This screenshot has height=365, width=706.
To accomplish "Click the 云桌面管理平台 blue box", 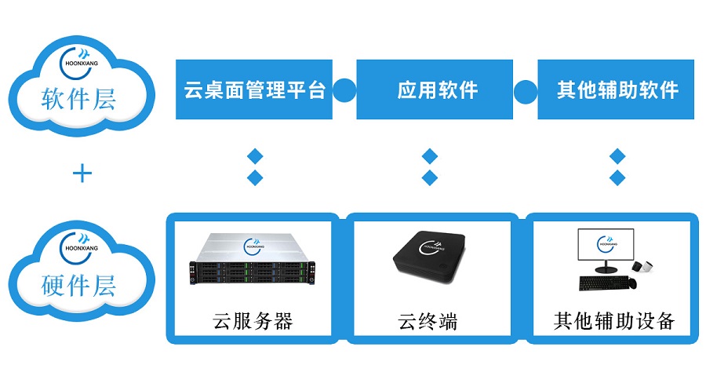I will click(x=253, y=89).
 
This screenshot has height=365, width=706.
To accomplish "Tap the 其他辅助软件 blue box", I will click(x=617, y=89).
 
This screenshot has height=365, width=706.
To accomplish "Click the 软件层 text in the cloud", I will click(x=78, y=100).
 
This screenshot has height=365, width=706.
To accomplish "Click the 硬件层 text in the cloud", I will click(x=78, y=285).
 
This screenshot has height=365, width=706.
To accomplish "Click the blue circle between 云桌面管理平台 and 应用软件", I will click(x=344, y=89).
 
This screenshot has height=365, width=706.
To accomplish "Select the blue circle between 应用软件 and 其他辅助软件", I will click(x=526, y=89).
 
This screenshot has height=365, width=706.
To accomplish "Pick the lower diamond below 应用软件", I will click(x=429, y=177).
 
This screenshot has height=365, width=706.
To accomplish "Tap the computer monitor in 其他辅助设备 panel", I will click(x=606, y=247).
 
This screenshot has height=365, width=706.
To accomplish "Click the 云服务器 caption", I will click(x=253, y=321).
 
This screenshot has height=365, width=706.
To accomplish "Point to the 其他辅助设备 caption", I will click(x=614, y=321).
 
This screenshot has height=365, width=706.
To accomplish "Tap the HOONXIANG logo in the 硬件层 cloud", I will click(x=78, y=246).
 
